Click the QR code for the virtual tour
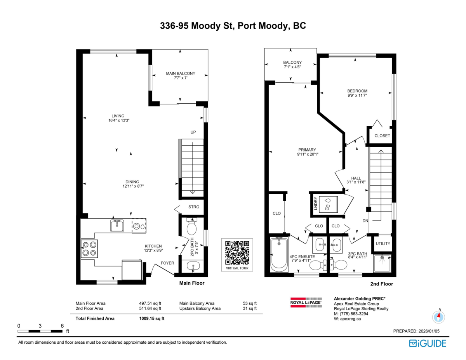237,252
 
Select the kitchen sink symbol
116,226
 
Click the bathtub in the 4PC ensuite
278,255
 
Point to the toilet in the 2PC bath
192,228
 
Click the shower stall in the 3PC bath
383,263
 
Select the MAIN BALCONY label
181,73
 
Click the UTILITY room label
383,243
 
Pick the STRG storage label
193,207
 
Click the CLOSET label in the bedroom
382,136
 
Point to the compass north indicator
438,317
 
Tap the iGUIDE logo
428,343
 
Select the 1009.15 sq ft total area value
152,318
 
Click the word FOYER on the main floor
167,263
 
